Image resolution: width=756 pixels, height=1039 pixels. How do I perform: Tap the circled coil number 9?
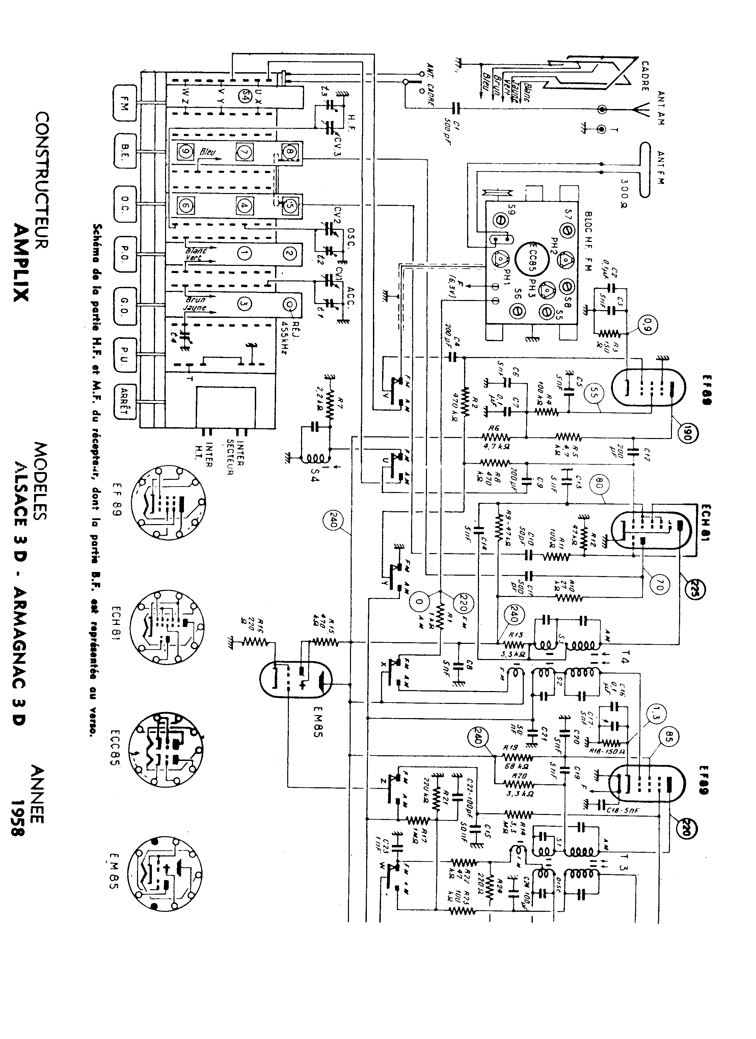186,152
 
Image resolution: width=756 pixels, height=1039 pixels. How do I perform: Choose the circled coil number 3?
245,303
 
